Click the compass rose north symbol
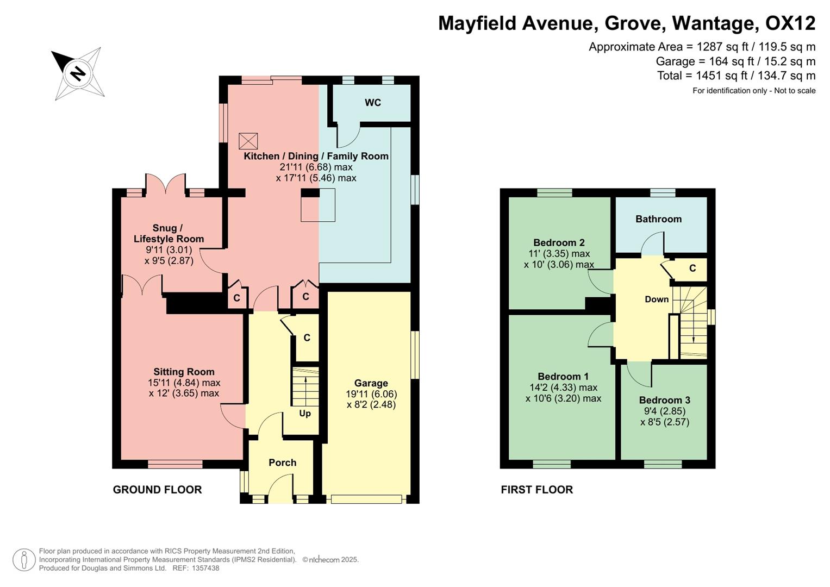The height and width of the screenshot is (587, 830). point(78,73)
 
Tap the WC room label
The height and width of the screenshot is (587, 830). point(373,103)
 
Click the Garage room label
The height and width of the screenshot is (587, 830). point(371,383)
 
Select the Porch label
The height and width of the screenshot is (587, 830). point(282,463)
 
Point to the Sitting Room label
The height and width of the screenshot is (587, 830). point(184,372)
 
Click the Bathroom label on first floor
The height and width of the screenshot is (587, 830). point(658,219)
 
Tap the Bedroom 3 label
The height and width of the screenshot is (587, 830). point(664,400)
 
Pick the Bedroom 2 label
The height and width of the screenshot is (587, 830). point(559,242)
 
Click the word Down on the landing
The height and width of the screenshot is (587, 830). point(657,299)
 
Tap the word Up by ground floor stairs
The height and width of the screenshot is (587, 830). point(305,414)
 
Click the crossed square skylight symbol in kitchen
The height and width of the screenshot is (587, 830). point(248,141)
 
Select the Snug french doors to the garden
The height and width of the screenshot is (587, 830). point(166,183)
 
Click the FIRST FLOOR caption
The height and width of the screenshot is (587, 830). point(536,490)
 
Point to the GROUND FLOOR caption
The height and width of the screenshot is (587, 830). point(157,490)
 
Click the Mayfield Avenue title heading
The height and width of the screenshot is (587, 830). point(626,23)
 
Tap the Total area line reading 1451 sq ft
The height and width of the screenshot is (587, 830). point(736,76)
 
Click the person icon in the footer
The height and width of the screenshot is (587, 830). point(24,560)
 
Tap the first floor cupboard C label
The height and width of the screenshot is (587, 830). point(692,268)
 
